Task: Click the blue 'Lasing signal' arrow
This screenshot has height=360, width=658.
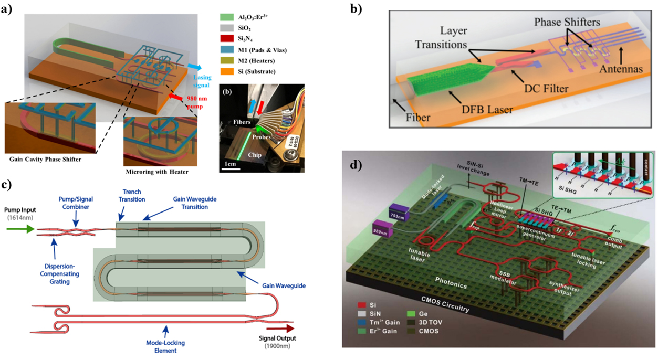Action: pos(193,68)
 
